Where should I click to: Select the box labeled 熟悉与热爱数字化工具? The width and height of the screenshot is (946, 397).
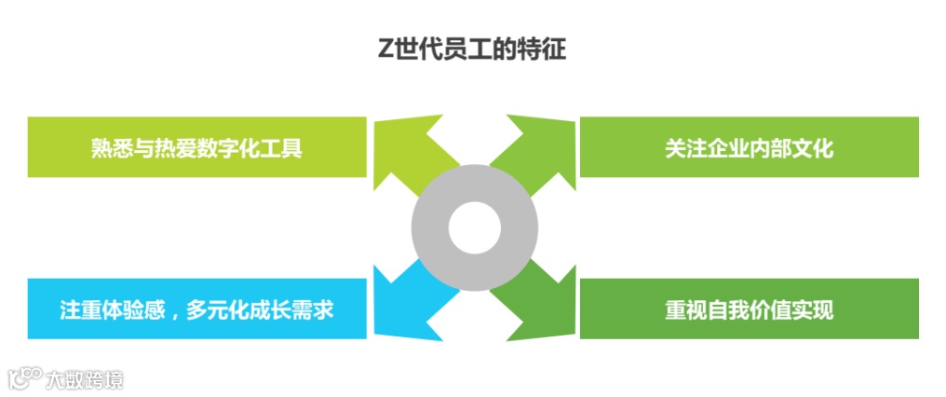(196, 147)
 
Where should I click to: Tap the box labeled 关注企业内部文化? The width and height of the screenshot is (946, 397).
(749, 147)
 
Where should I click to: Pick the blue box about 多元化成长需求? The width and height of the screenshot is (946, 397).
(196, 308)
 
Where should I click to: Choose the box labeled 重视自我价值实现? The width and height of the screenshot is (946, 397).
(749, 308)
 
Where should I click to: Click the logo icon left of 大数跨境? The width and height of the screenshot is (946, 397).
(25, 377)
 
